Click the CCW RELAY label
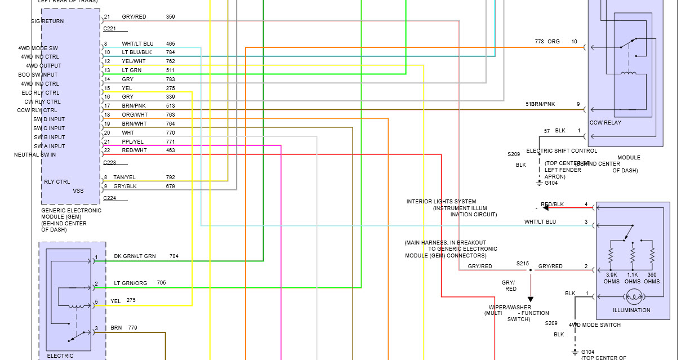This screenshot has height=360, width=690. click(606, 122)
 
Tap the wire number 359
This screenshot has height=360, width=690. click(170, 17)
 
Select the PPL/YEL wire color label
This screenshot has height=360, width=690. click(132, 141)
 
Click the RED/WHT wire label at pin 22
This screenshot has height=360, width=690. click(134, 150)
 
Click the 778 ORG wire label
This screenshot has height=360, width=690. click(547, 42)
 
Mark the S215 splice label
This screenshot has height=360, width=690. click(523, 263)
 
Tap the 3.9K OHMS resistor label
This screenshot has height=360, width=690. click(612, 278)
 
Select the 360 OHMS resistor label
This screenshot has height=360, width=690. click(652, 278)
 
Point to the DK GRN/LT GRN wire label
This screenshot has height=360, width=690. click(135, 256)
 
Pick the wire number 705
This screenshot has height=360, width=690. click(161, 283)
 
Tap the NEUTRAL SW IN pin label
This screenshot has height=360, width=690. click(35, 155)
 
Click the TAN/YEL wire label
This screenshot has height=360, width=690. click(124, 177)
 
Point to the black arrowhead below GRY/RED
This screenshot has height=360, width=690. click(530, 299)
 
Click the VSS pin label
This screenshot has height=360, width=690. click(78, 190)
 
